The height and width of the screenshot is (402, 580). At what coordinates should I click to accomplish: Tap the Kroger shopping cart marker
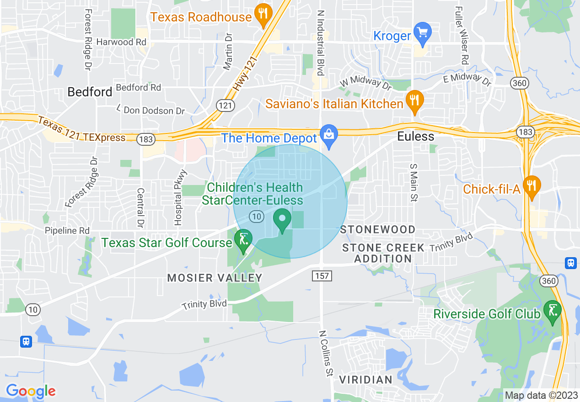click(422, 33)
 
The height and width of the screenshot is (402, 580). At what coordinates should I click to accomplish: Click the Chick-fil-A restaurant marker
click(531, 186)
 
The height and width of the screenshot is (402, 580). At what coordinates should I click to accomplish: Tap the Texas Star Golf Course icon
click(243, 240)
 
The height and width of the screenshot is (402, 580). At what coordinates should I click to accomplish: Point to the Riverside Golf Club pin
click(553, 312)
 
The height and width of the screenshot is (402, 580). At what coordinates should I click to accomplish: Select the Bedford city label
click(90, 92)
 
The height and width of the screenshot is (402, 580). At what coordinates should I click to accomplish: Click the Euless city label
click(415, 136)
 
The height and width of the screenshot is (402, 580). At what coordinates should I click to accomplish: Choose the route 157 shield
click(322, 276)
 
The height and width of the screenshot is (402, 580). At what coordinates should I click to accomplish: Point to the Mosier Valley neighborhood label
click(215, 278)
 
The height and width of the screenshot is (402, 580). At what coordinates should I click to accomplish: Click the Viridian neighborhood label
click(365, 380)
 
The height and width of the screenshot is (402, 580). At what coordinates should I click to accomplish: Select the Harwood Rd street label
click(121, 42)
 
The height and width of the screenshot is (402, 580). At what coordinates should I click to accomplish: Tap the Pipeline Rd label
click(67, 231)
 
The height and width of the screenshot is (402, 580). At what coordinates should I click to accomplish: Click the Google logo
click(31, 391)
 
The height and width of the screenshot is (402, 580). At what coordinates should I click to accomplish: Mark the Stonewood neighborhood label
click(378, 229)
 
